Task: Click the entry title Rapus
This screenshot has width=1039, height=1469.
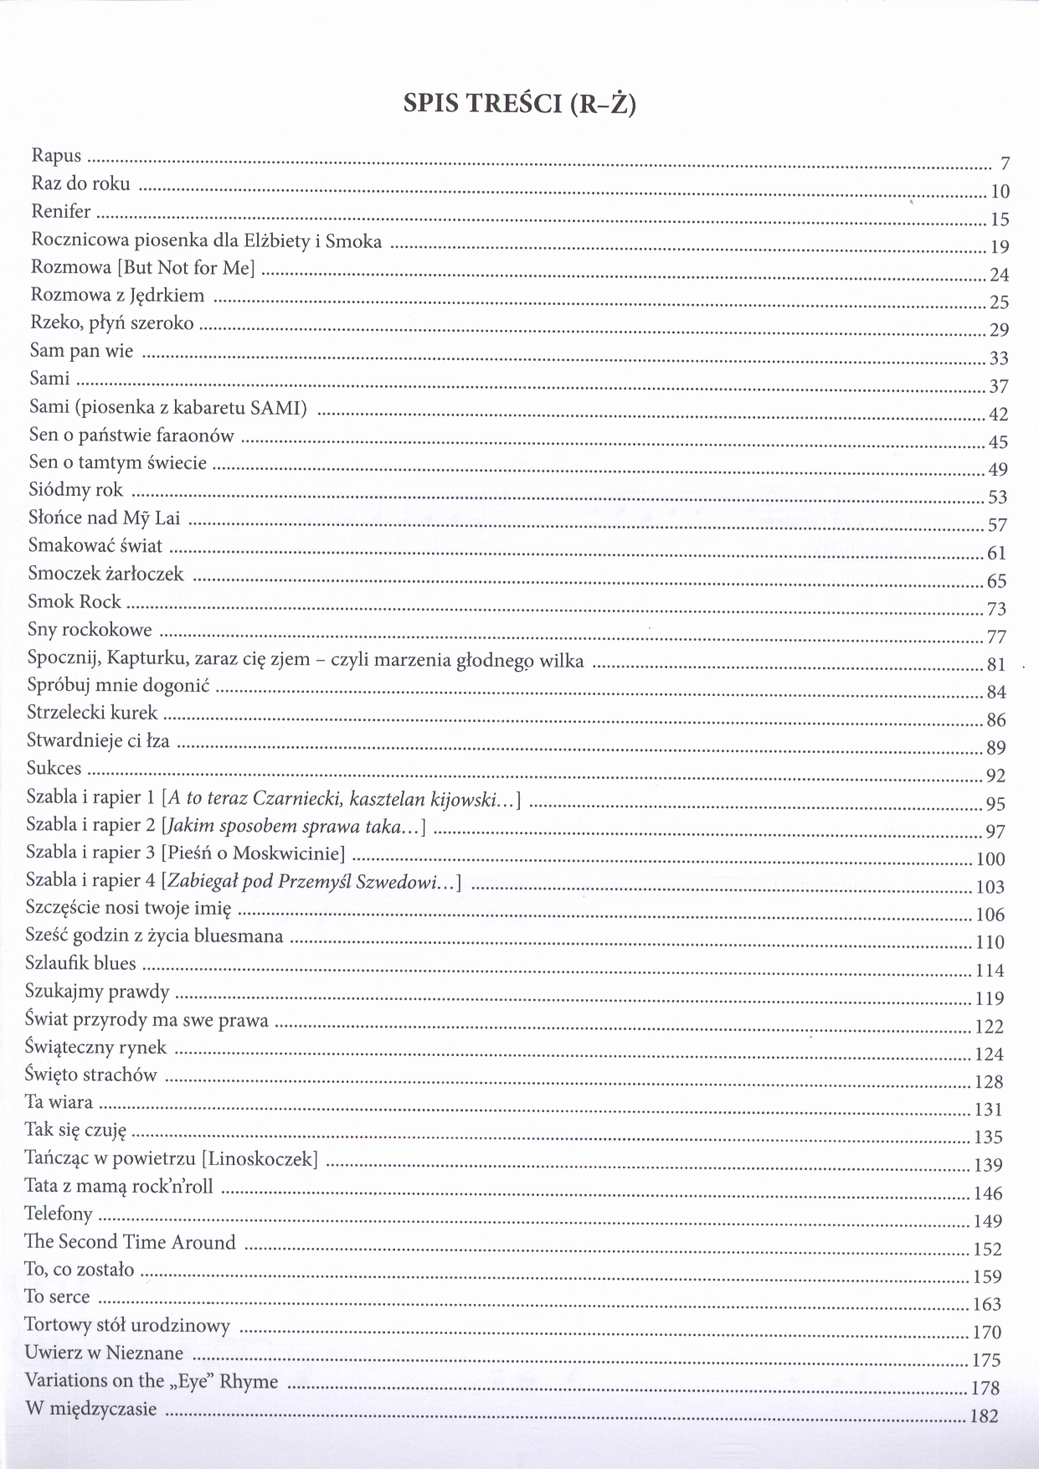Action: (x=56, y=156)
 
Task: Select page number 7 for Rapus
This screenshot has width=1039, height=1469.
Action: (x=1005, y=164)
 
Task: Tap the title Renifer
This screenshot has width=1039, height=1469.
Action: (x=60, y=212)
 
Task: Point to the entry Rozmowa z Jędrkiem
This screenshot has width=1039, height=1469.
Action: (x=117, y=296)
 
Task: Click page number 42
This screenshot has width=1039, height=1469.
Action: (x=998, y=415)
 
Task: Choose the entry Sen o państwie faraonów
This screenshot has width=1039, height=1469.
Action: (x=131, y=436)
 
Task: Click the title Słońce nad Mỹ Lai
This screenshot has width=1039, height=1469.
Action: (x=104, y=518)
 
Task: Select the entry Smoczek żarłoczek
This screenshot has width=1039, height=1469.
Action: (x=105, y=575)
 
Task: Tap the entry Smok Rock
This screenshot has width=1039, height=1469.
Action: (x=74, y=602)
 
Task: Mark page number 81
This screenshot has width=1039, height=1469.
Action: (x=996, y=665)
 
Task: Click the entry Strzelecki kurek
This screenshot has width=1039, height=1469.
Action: (x=92, y=714)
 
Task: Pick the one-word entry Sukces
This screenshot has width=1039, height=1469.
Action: (x=54, y=768)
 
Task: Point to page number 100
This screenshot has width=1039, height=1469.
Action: (x=990, y=859)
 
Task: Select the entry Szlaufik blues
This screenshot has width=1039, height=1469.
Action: (x=80, y=964)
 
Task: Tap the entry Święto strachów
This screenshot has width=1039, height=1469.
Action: (x=91, y=1075)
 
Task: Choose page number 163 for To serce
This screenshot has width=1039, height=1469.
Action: (x=987, y=1305)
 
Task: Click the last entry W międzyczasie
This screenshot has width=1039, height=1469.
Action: (x=90, y=1409)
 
